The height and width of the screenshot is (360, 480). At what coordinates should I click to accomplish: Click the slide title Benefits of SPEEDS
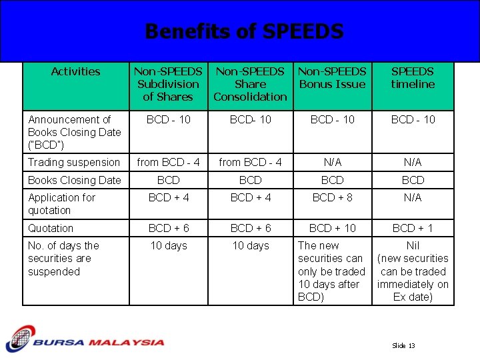pyautogui.click(x=244, y=31)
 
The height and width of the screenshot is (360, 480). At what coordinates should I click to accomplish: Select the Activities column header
pyautogui.click(x=75, y=72)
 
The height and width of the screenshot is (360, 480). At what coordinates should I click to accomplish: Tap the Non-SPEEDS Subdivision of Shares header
pyautogui.click(x=168, y=84)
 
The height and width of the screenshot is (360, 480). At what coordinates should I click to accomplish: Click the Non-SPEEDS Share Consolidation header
pyautogui.click(x=250, y=84)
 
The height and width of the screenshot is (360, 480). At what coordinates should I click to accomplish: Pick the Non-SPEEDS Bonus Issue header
pyautogui.click(x=332, y=78)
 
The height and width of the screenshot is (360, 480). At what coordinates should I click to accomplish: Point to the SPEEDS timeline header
pyautogui.click(x=413, y=78)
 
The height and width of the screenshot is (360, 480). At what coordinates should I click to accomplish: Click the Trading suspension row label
pyautogui.click(x=74, y=162)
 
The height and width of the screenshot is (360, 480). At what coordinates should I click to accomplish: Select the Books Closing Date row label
pyautogui.click(x=75, y=180)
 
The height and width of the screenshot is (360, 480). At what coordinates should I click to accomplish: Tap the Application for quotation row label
pyautogui.click(x=61, y=204)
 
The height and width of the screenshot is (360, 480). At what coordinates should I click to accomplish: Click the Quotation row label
pyautogui.click(x=51, y=228)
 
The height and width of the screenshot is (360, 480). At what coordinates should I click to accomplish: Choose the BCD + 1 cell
pyautogui.click(x=413, y=228)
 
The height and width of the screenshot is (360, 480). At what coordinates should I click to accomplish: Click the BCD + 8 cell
pyautogui.click(x=332, y=197)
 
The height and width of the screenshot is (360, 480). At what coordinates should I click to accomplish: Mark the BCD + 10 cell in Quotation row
pyautogui.click(x=332, y=228)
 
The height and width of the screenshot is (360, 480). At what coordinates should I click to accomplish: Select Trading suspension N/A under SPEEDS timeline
pyautogui.click(x=413, y=162)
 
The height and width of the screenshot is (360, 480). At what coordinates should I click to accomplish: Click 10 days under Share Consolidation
pyautogui.click(x=250, y=246)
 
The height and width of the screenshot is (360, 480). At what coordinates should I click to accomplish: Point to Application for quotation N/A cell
pyautogui.click(x=413, y=197)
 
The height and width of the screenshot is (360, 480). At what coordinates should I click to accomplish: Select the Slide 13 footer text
pyautogui.click(x=403, y=346)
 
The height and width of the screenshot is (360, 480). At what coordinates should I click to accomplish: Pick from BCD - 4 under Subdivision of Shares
pyautogui.click(x=168, y=162)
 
